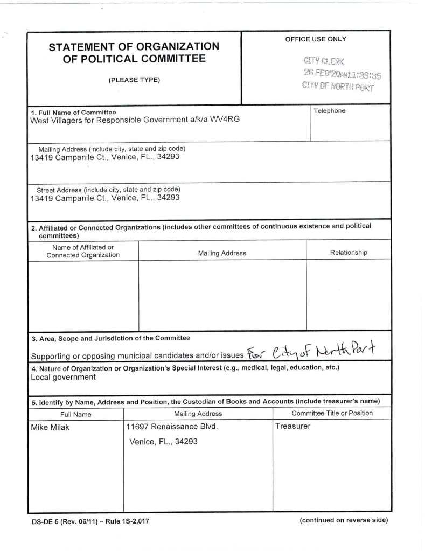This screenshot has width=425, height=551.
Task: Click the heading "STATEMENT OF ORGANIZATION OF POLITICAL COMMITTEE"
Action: (134, 52)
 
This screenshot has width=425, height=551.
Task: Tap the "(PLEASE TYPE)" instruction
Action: (134, 80)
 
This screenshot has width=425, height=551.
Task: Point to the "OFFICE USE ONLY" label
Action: (316, 39)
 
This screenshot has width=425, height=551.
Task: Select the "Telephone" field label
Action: (329, 111)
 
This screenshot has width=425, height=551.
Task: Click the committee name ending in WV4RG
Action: (135, 120)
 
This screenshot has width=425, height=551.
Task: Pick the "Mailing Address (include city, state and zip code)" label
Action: (112, 149)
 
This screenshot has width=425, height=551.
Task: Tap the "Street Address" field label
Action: (108, 190)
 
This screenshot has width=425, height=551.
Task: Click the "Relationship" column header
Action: (349, 252)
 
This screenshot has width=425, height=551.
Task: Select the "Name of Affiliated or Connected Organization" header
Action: (83, 251)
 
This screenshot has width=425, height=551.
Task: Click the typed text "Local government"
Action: (64, 377)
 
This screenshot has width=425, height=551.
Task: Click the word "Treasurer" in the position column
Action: (293, 426)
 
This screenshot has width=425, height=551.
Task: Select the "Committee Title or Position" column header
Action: (332, 413)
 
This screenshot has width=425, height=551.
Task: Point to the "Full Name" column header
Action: (75, 414)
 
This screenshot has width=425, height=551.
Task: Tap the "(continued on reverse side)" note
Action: (344, 520)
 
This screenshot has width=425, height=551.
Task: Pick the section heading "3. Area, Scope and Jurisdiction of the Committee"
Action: (110, 338)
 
